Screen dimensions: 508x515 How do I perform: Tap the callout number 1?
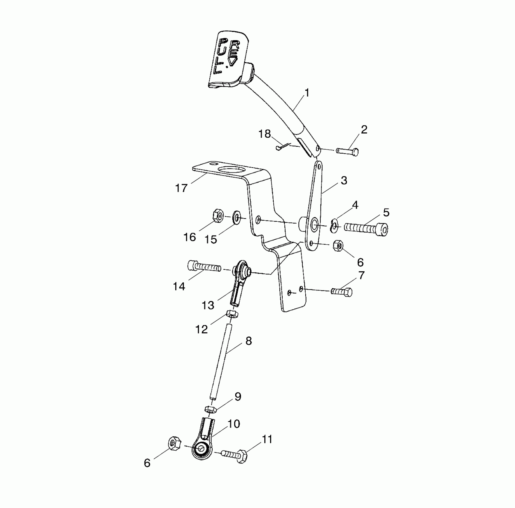pos(307,93)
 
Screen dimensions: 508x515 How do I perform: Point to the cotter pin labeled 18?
pos(283,146)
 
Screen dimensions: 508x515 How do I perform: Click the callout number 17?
pos(181,188)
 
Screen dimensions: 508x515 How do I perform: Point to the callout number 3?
pos(344,180)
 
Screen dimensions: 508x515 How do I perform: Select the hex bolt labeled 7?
pos(342,291)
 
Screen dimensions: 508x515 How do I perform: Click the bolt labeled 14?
pos(204,266)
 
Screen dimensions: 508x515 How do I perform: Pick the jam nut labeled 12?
pos(232,314)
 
